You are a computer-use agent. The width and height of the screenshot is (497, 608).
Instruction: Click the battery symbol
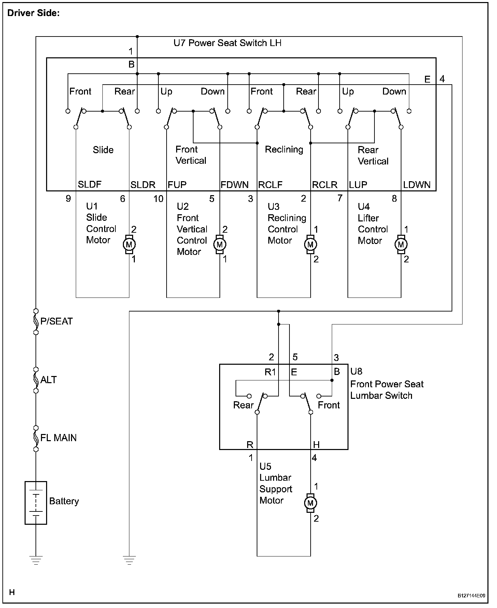pos(36,502)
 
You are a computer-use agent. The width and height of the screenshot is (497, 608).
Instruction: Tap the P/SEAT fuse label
pos(56,321)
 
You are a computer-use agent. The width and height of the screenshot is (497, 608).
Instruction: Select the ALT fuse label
pos(48,380)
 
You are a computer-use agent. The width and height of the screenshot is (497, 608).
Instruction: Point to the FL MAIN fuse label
pos(58,438)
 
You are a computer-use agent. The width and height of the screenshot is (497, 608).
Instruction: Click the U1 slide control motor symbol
pos(129,244)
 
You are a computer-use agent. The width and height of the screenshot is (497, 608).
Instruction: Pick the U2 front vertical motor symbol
pos(219,244)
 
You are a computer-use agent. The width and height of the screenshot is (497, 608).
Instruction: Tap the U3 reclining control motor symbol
pos(310,244)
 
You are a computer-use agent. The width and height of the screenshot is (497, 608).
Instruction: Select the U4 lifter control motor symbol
pos(401,244)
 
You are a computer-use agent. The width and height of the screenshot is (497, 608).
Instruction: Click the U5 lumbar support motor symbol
pos(310,503)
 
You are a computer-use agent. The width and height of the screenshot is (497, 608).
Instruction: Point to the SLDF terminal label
pos(89,185)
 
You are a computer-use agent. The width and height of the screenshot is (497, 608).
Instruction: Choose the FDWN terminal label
pos(235,185)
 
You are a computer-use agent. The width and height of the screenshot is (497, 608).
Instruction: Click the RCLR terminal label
pos(325,185)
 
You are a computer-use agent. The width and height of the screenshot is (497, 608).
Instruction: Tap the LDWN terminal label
pos(417,185)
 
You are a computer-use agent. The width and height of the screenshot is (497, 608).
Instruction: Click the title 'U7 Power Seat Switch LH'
pos(227,43)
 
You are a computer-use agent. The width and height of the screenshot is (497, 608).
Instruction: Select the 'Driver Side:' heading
pos(33,13)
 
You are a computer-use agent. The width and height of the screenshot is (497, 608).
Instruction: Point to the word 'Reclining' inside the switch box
pos(284,149)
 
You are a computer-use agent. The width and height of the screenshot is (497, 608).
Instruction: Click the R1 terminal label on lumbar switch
pos(270,372)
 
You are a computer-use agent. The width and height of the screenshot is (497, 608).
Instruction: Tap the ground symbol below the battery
pos(36,560)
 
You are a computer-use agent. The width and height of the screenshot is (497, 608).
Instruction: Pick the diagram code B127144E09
pos(471,596)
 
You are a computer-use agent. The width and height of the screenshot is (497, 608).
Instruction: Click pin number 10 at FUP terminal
pos(158,199)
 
